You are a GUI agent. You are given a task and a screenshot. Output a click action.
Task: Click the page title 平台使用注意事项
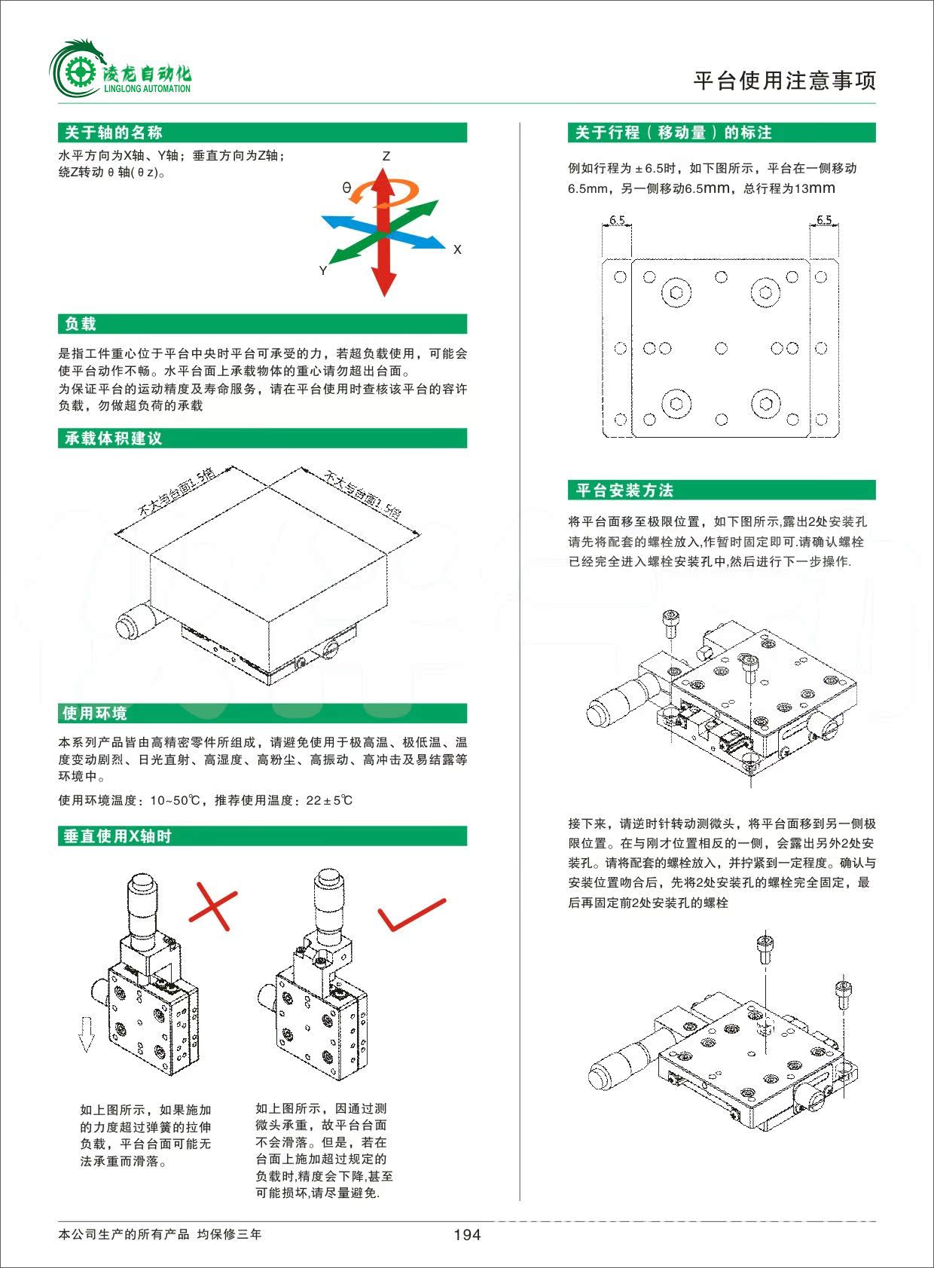[784, 81]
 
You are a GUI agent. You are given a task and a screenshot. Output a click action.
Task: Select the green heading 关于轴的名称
[113, 133]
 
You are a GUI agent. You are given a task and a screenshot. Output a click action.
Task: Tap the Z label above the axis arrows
[386, 156]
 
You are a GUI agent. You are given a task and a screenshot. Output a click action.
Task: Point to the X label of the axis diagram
[457, 249]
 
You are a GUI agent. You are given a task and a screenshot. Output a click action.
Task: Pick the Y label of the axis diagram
[323, 270]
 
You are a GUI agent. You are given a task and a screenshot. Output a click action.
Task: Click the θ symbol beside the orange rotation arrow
[346, 188]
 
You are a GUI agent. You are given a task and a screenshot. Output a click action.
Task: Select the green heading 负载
[81, 325]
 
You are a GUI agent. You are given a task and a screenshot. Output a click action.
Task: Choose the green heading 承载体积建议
[113, 438]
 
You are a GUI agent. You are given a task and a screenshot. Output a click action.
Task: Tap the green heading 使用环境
[94, 713]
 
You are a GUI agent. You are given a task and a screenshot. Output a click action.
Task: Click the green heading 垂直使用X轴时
[118, 836]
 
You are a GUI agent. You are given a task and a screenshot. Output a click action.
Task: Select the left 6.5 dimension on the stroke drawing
[617, 220]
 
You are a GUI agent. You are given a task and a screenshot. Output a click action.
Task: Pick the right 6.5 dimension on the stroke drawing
[824, 220]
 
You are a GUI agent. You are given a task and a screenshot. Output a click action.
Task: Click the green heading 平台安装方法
[624, 491]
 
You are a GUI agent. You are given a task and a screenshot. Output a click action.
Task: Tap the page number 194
[467, 1235]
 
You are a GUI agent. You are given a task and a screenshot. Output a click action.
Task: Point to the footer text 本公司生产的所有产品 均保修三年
[160, 1235]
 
